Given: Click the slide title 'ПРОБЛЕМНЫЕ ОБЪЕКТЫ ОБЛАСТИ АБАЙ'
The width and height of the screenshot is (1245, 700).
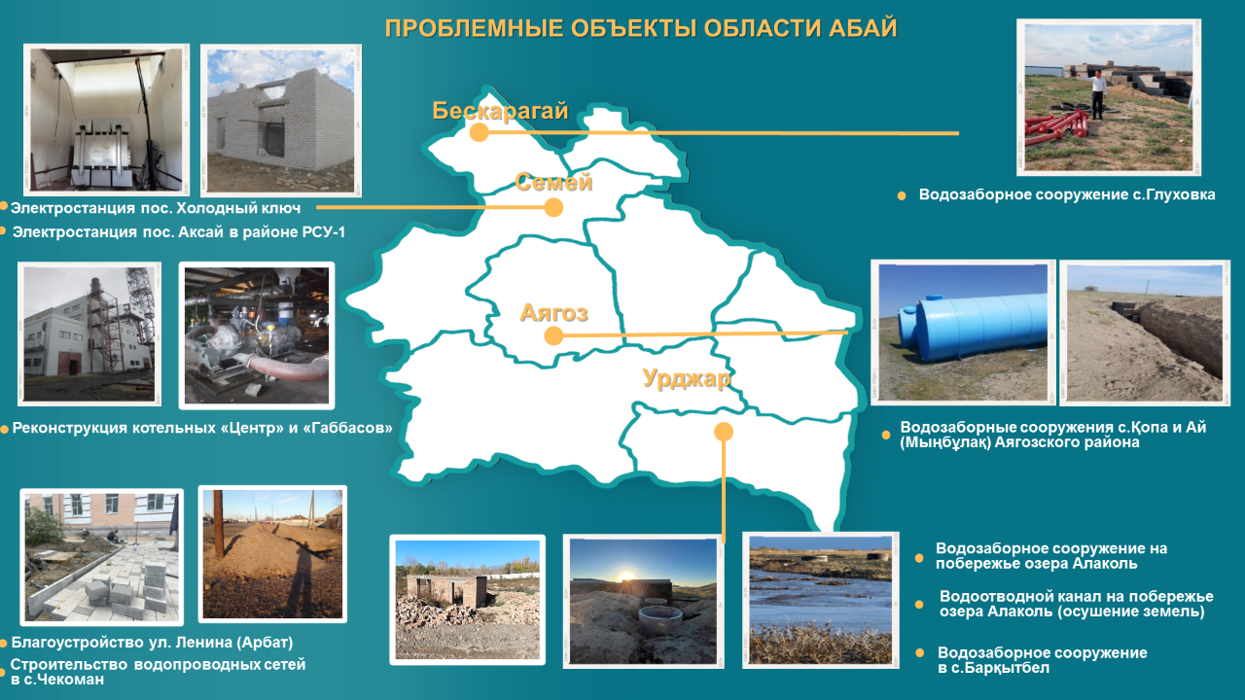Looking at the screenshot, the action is pyautogui.click(x=641, y=28).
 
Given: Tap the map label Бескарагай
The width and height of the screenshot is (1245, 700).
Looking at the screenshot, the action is pyautogui.click(x=500, y=111).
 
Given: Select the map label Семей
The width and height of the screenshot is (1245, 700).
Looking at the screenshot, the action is pyautogui.click(x=553, y=182).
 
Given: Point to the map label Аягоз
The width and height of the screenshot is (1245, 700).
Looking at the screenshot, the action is pyautogui.click(x=553, y=313).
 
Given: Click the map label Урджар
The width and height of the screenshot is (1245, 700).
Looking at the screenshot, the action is pyautogui.click(x=687, y=379).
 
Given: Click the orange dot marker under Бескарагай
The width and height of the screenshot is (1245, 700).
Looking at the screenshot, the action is pyautogui.click(x=480, y=132).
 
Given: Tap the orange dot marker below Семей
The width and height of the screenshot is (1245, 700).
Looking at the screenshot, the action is pyautogui.click(x=553, y=208).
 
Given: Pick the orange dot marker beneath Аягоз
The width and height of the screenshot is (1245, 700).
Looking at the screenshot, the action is pyautogui.click(x=553, y=335).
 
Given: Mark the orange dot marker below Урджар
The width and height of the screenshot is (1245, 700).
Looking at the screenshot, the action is pyautogui.click(x=723, y=432).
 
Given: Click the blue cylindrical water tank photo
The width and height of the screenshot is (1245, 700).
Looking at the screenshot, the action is pyautogui.click(x=963, y=332).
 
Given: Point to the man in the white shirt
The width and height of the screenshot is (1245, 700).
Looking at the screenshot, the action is pyautogui.click(x=1096, y=94).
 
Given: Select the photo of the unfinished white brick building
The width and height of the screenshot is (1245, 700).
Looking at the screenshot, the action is pyautogui.click(x=281, y=121).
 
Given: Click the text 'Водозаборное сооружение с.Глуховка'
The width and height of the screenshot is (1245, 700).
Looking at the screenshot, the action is pyautogui.click(x=1067, y=195).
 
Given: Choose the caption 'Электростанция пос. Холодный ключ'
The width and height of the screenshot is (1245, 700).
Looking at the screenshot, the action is pyautogui.click(x=156, y=208).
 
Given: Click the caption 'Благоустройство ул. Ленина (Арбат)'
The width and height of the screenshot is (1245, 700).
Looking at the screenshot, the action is pyautogui.click(x=152, y=643).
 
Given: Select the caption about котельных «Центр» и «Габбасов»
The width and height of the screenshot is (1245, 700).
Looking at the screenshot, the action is pyautogui.click(x=202, y=429).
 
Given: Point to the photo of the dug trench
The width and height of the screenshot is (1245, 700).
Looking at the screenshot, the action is pyautogui.click(x=1145, y=332).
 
